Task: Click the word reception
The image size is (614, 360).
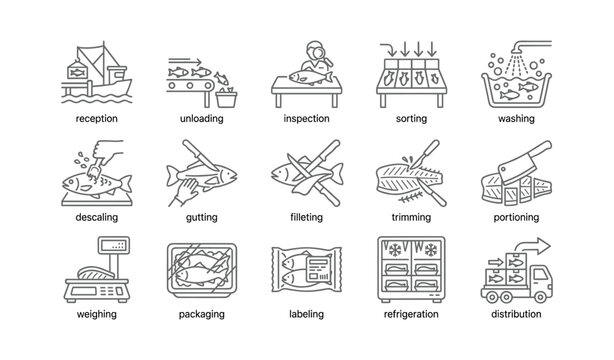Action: pos(96,117)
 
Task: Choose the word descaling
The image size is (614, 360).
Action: pos(96,216)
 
